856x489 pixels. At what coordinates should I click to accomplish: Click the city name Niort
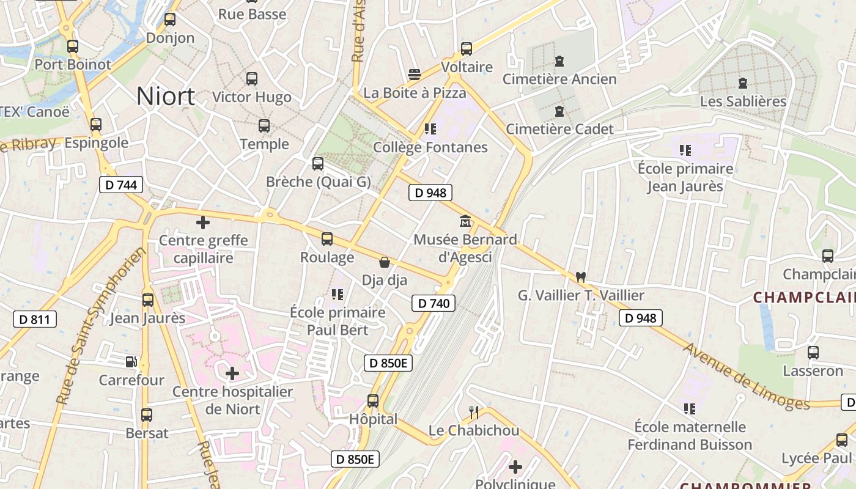166,96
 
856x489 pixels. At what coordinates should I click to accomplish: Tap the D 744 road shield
121,185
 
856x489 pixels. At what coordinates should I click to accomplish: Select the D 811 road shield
35,318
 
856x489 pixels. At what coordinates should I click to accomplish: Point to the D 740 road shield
434,303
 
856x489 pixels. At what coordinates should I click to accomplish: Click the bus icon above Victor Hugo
251,79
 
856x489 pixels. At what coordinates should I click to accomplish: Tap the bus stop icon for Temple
264,126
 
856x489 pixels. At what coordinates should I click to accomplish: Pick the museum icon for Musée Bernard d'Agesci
465,221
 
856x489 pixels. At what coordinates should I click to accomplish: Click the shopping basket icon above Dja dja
385,262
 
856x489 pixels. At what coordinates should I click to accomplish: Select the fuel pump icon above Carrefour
131,362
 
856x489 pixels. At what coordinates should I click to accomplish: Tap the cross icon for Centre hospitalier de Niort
232,373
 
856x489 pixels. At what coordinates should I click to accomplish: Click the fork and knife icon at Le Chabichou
473,413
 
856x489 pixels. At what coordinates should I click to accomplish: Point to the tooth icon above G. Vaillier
581,277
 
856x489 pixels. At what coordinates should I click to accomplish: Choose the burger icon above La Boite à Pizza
415,75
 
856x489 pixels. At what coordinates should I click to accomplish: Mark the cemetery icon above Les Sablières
743,83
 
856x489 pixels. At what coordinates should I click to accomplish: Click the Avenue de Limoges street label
746,376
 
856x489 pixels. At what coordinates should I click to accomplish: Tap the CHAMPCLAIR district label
803,298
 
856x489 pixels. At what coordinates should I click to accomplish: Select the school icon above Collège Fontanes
430,129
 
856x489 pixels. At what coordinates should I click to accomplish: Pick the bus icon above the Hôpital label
373,401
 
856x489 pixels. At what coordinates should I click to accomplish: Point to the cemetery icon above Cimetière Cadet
559,111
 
